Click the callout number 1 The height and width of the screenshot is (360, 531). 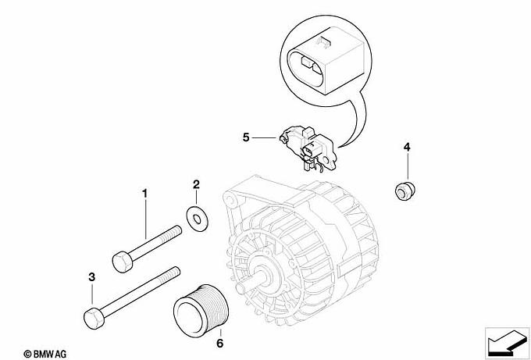point(144,194)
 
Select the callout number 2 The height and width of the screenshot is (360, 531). point(197,184)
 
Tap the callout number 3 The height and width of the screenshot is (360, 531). point(92,277)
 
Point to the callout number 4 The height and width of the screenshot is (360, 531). point(407,147)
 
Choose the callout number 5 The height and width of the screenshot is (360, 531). point(246,137)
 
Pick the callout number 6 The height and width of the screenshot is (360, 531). point(220,344)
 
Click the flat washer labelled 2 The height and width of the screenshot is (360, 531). point(197,219)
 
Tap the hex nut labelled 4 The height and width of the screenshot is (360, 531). point(405,191)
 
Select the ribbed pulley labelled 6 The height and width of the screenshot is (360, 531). point(201,306)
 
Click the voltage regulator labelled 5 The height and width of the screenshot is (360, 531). point(308,148)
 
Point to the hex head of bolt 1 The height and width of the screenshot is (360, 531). point(123,262)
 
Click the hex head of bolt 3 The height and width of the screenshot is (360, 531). point(94,319)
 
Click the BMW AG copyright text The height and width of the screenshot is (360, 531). point(45,355)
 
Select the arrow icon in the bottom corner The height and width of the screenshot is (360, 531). point(508,343)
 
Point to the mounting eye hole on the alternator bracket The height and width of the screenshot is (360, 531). point(231,200)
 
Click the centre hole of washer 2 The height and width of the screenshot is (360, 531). point(197,219)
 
